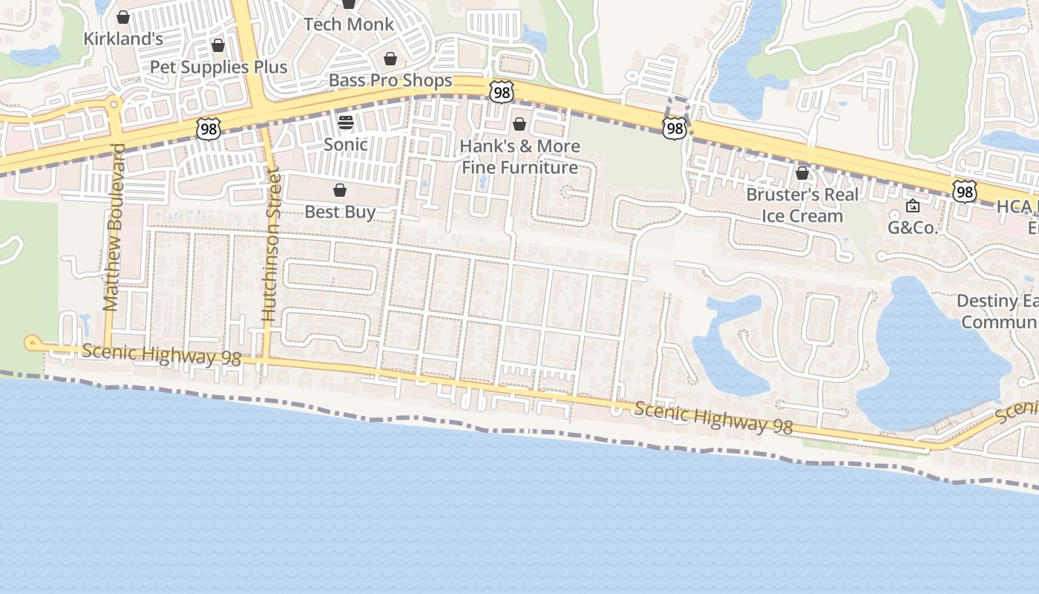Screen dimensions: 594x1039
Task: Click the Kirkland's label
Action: point(123,39)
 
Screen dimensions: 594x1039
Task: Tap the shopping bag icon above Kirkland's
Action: point(123,16)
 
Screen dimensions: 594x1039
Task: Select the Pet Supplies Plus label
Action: point(218,67)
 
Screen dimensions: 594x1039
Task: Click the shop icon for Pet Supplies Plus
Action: point(218,45)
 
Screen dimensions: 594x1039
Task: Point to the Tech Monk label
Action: point(349,24)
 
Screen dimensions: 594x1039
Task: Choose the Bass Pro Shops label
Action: point(390,80)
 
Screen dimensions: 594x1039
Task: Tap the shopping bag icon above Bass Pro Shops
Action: point(390,59)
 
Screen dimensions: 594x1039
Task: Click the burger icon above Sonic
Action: point(346,122)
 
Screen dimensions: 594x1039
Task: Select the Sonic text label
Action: point(346,144)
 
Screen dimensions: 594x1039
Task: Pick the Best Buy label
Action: point(340,212)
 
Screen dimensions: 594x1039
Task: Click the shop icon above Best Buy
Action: point(340,190)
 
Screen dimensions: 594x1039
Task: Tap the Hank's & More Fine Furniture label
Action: point(519,157)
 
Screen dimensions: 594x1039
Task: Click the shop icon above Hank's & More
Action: point(519,123)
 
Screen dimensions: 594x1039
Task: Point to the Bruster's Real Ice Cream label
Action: point(802,205)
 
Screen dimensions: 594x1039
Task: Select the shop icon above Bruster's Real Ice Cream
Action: point(802,173)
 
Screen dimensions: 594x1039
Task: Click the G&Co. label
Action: point(913,228)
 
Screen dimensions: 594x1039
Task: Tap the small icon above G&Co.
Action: point(913,206)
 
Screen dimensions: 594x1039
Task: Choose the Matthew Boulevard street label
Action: point(112,227)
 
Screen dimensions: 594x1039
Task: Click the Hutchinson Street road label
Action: point(270,245)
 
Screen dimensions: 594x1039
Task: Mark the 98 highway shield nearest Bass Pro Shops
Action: point(502,92)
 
